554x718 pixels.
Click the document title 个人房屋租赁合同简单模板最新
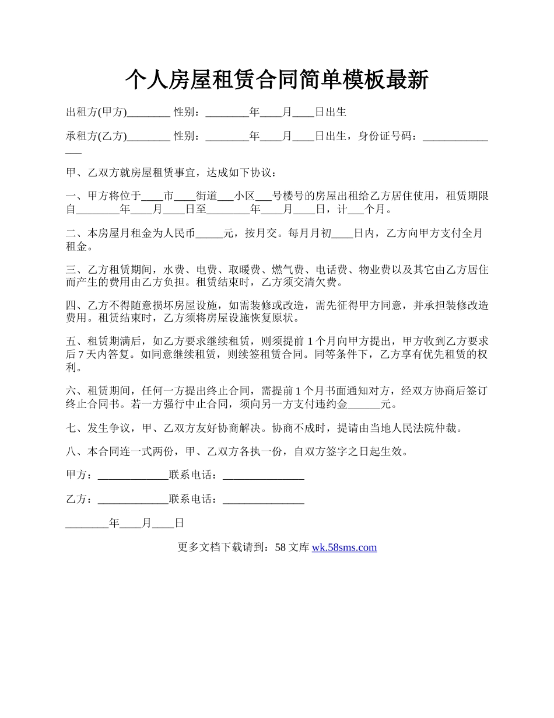(x=277, y=80)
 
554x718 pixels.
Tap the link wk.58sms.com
(x=344, y=548)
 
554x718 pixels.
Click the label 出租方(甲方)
(x=96, y=112)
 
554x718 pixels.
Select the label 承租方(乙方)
(x=96, y=137)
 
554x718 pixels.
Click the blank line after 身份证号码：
(x=455, y=137)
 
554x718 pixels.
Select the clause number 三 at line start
(x=71, y=270)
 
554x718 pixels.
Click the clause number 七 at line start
(x=71, y=429)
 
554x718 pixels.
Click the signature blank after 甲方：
(x=133, y=475)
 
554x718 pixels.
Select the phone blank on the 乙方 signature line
(x=264, y=499)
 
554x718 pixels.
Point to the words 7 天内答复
(x=103, y=355)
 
